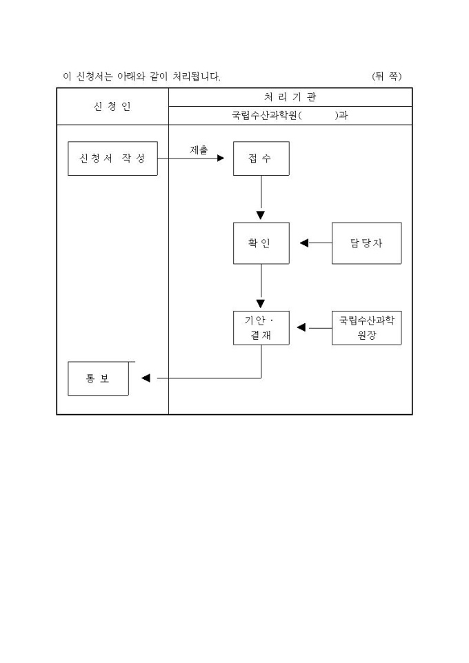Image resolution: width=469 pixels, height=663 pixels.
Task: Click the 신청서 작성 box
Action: tap(112, 159)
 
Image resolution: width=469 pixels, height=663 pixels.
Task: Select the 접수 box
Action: tap(261, 159)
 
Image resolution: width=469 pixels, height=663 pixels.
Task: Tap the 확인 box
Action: tap(261, 243)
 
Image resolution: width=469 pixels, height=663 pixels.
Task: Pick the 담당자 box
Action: tap(366, 243)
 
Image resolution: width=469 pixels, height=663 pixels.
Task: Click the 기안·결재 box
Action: tap(261, 328)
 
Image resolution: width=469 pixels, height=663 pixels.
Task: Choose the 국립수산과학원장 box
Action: tap(366, 328)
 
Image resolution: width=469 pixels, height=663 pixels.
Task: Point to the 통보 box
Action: tap(98, 378)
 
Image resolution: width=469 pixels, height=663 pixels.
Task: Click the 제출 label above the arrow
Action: tap(199, 150)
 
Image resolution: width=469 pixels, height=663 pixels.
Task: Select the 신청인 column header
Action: tap(112, 106)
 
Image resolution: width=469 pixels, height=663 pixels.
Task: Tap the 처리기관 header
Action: tap(290, 97)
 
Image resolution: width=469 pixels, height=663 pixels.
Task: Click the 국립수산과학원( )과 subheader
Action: tap(290, 116)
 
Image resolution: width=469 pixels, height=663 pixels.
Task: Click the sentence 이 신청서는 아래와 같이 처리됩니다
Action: tap(142, 76)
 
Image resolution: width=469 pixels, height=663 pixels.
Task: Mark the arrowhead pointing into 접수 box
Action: tap(221, 159)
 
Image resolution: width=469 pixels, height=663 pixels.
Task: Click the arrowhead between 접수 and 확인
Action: tap(261, 215)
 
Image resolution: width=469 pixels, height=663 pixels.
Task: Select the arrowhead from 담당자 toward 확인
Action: tap(304, 243)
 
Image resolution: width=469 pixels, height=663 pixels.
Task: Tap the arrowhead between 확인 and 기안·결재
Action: tap(261, 303)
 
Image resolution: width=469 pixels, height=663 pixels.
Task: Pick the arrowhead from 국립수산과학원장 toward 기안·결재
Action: tap(301, 327)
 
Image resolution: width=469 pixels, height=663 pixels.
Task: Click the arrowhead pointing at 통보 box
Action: tap(146, 378)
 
